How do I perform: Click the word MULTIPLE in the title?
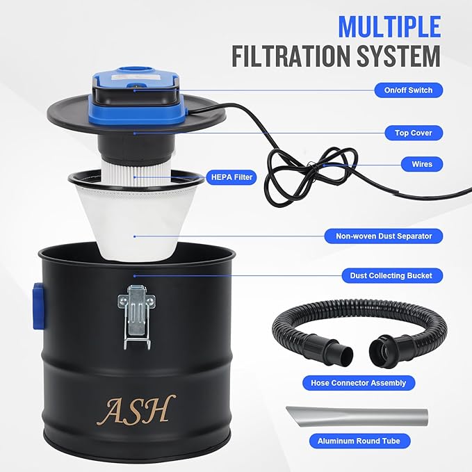tap(389, 26)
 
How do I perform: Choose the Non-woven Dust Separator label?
tap(384, 236)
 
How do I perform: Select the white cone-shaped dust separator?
tap(136, 222)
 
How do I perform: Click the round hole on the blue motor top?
tap(135, 70)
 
